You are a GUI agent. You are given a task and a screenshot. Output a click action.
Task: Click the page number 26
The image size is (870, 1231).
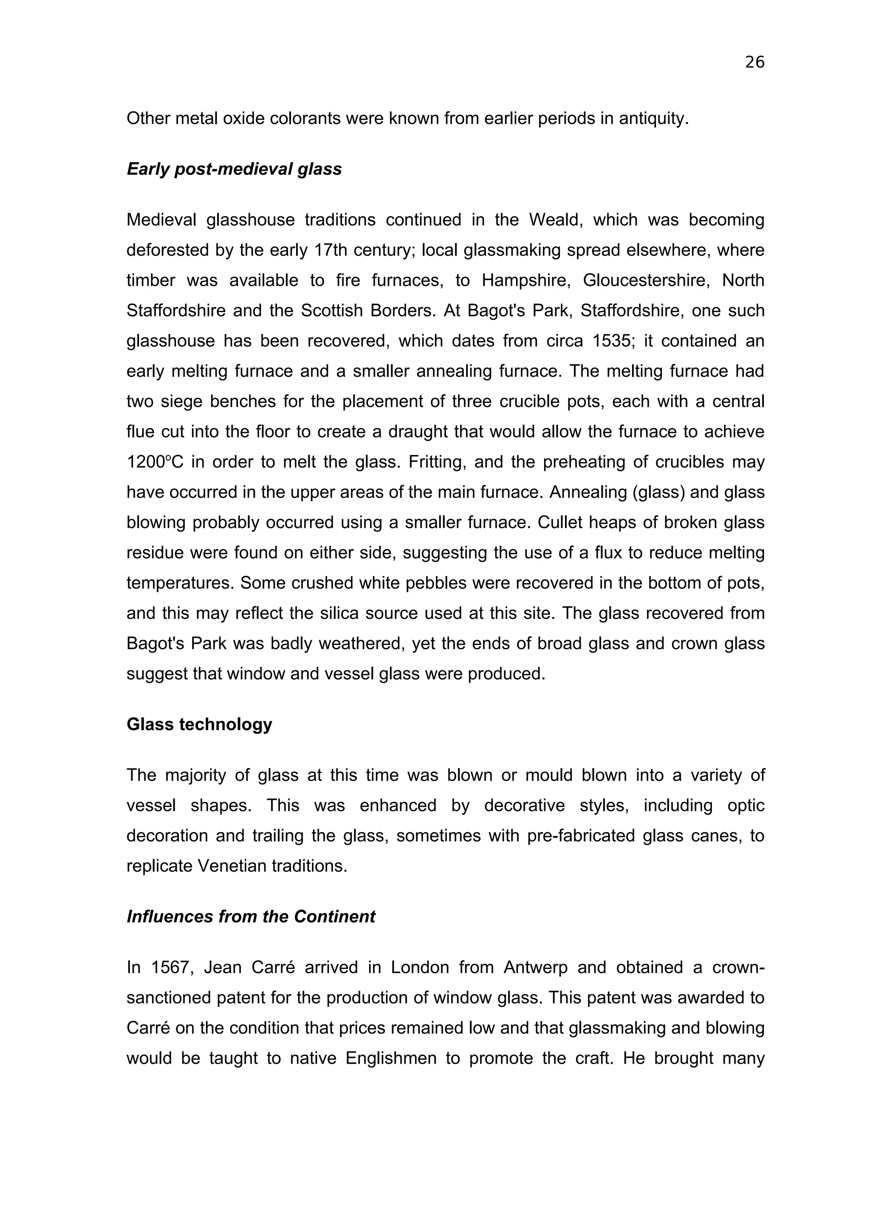(754, 63)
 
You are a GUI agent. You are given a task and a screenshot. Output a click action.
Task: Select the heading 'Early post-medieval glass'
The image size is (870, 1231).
(234, 169)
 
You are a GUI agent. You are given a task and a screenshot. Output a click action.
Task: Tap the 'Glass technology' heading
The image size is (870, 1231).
(199, 724)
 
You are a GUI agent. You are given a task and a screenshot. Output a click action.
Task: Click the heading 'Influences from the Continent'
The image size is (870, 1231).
(251, 916)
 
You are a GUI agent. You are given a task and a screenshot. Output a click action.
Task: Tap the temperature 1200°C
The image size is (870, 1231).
(154, 462)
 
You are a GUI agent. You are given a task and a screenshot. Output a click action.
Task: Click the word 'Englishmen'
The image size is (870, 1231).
(391, 1058)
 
